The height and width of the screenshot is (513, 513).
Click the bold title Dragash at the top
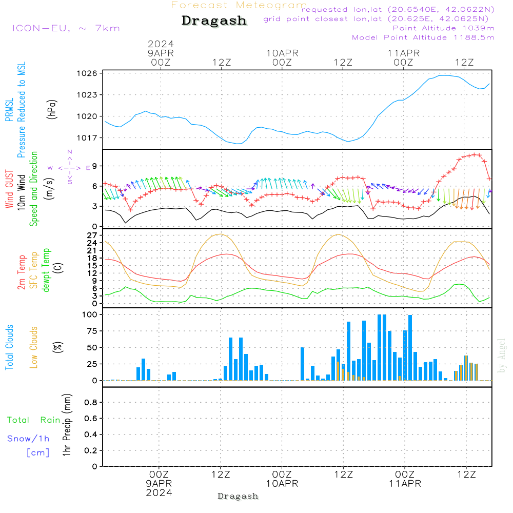point(214,21)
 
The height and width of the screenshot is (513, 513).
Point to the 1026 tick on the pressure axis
point(87,73)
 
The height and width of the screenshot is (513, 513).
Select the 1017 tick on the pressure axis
point(87,137)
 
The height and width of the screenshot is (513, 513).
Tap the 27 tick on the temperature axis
point(92,235)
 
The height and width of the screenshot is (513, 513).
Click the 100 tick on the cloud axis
point(90,314)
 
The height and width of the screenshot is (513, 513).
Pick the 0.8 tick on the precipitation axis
point(91,402)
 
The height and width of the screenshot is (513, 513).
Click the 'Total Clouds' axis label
point(9,347)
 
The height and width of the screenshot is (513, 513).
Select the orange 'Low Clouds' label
point(34,347)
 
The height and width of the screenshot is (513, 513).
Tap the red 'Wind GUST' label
point(9,189)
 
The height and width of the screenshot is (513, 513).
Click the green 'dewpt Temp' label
point(46,270)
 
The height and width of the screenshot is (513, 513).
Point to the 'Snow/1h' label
point(28,439)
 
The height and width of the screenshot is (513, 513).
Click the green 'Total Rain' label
point(34,420)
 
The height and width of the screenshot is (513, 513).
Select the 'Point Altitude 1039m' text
point(444,28)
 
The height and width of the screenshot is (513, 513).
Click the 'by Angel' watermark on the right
point(502,356)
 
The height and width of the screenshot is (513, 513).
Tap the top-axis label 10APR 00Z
point(282,57)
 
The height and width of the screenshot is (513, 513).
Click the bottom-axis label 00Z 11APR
point(405,479)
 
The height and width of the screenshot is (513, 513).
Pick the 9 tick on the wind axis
point(95,166)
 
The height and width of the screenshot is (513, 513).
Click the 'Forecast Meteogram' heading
point(239,5)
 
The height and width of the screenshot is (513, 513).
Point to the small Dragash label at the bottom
point(238,496)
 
